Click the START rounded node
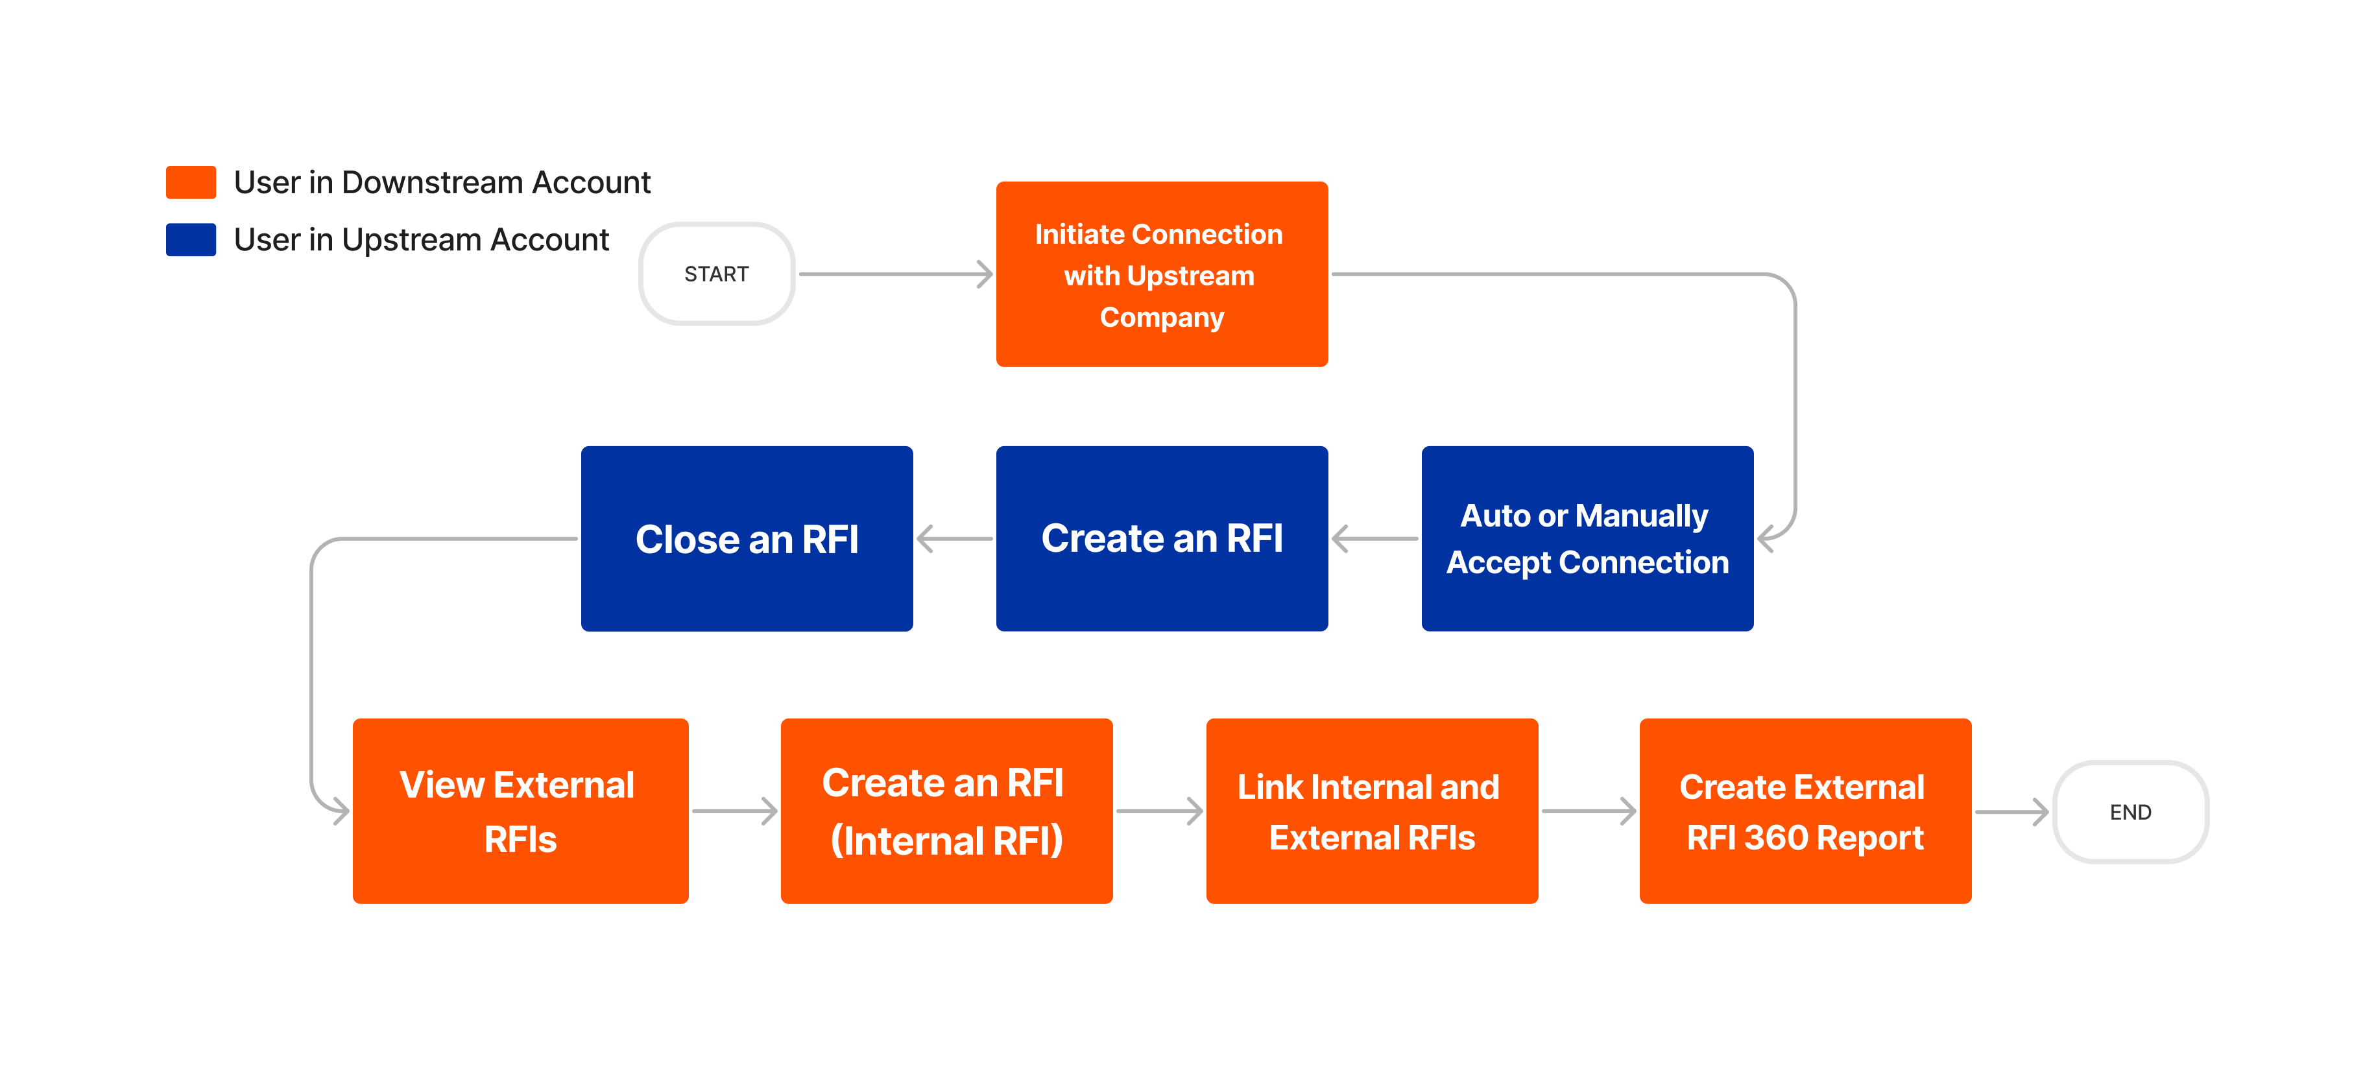(717, 274)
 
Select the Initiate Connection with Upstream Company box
(1161, 274)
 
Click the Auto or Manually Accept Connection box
(1587, 539)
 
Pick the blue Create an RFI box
(1161, 539)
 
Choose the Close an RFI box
(746, 539)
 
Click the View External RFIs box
(520, 811)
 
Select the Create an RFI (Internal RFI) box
(946, 811)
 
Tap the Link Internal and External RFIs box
(1371, 811)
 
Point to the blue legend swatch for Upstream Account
(191, 240)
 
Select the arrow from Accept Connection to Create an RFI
(1374, 539)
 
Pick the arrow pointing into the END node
(2013, 812)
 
